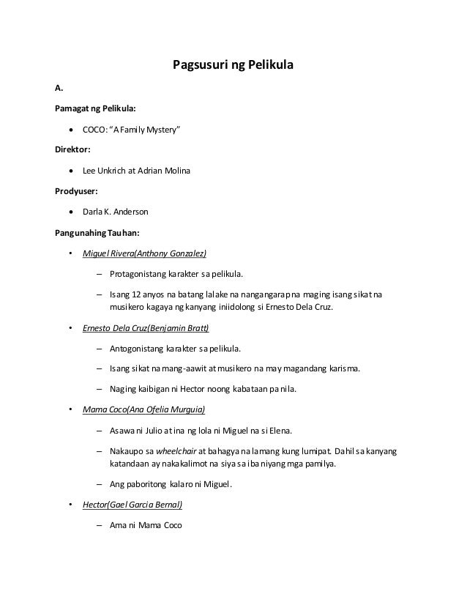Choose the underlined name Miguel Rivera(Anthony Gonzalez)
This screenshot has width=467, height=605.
[144, 254]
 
